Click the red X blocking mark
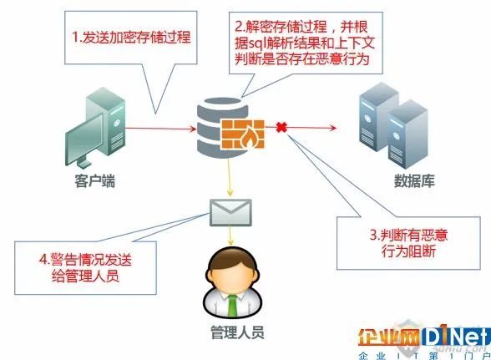click(x=281, y=127)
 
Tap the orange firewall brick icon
click(x=243, y=134)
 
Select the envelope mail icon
click(x=230, y=212)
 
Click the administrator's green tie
click(x=232, y=306)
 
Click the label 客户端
click(x=95, y=181)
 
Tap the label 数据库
click(x=414, y=180)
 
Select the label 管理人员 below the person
click(x=237, y=332)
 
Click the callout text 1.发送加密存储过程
click(x=131, y=37)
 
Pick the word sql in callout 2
click(x=256, y=43)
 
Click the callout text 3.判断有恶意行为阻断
click(x=408, y=243)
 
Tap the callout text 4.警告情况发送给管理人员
click(x=85, y=268)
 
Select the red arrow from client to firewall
click(x=160, y=128)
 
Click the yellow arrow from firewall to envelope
click(x=229, y=177)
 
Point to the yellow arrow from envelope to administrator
click(x=230, y=236)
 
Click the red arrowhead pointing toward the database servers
click(x=332, y=128)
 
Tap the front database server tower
click(x=407, y=134)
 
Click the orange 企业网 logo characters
click(x=389, y=337)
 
